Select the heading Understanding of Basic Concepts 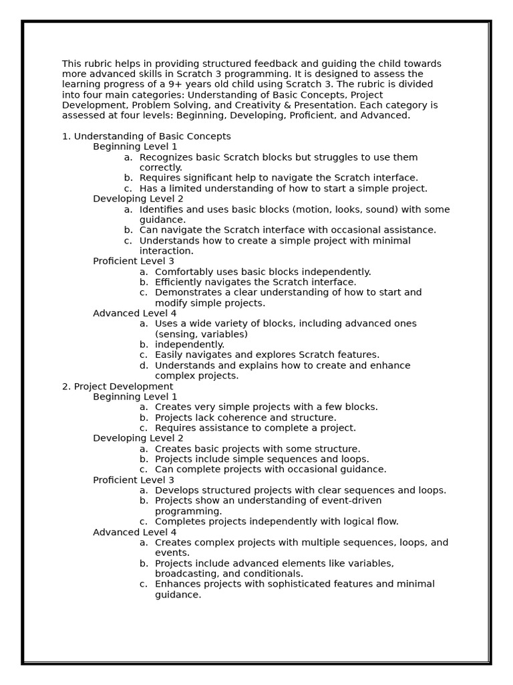tap(152, 136)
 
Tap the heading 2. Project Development tap(118, 387)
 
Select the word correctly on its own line tap(160, 168)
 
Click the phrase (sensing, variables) tap(201, 334)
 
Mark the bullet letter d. tap(144, 365)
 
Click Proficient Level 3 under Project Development tap(134, 480)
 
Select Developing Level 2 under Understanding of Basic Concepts tap(138, 199)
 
